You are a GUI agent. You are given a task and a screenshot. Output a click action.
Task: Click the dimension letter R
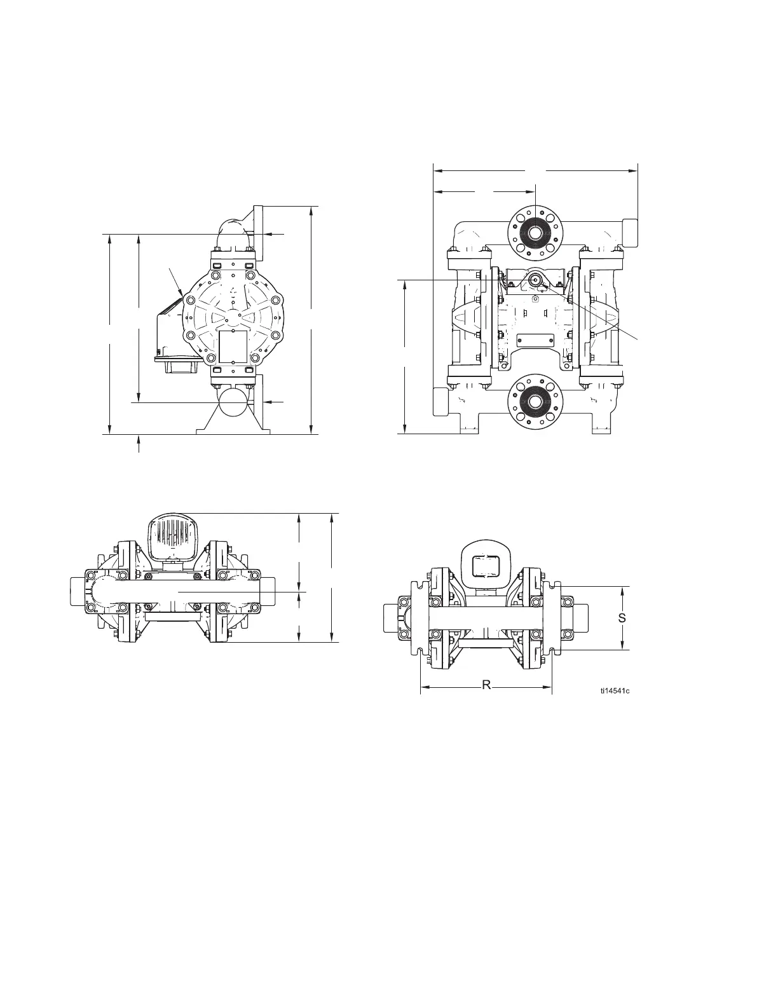pyautogui.click(x=486, y=685)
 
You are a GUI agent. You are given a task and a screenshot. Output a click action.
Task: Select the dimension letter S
pyautogui.click(x=622, y=618)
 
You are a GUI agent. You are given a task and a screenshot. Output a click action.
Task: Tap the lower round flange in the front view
pyautogui.click(x=535, y=401)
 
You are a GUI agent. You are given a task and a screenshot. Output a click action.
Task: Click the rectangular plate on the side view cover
pyautogui.click(x=233, y=347)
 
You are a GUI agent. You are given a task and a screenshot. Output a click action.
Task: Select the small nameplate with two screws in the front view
pyautogui.click(x=535, y=339)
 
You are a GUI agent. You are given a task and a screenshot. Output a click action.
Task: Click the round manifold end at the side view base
pyautogui.click(x=233, y=402)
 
